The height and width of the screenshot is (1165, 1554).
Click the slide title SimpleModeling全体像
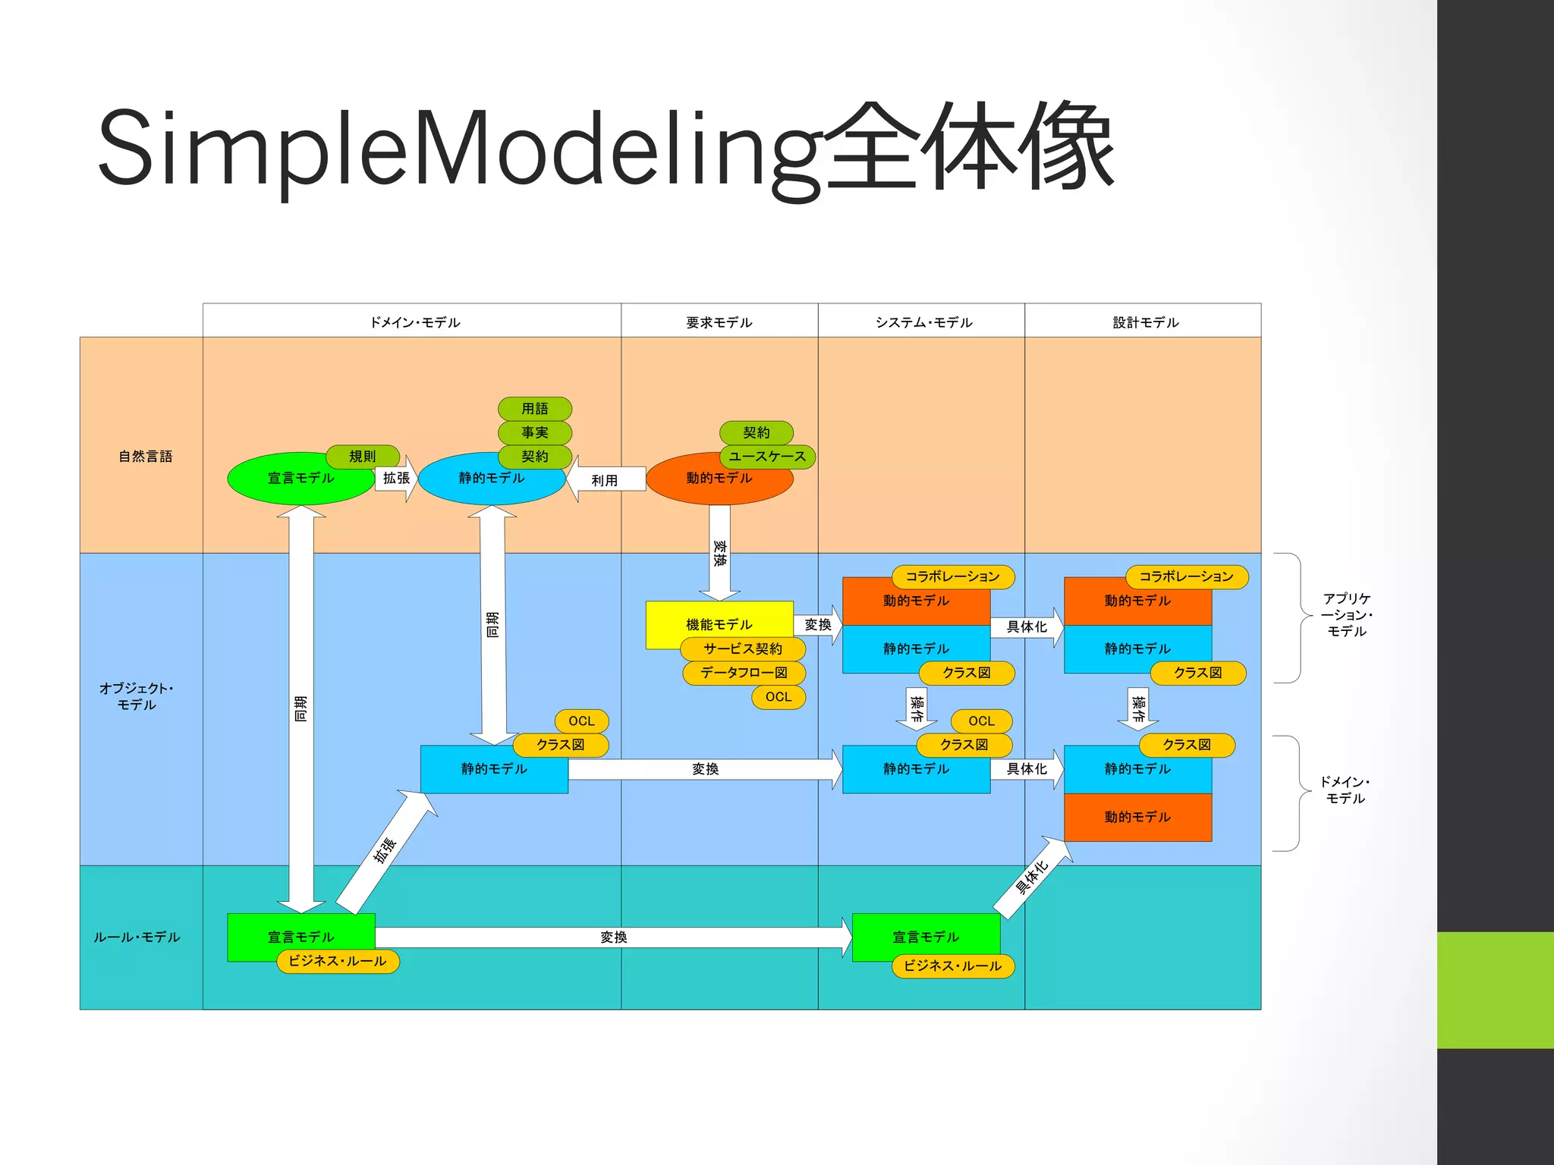click(606, 148)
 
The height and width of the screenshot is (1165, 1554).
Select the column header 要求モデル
click(719, 322)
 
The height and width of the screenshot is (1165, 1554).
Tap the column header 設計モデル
click(1145, 322)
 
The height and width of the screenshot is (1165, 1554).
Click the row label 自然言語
click(145, 456)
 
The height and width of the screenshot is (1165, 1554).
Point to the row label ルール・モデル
click(137, 937)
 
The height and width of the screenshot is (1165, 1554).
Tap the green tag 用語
click(534, 409)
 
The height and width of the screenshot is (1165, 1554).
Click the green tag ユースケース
click(767, 457)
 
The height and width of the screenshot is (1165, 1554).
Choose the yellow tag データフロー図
click(744, 673)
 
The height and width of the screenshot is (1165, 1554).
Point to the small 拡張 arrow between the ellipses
click(396, 479)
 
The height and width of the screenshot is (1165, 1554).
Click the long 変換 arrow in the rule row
click(613, 937)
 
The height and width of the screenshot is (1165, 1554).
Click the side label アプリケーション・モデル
click(1346, 614)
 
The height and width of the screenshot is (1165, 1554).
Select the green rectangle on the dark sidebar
click(1495, 990)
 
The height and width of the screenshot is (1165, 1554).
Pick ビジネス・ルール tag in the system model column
click(952, 966)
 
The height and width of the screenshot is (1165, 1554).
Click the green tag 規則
click(362, 456)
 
